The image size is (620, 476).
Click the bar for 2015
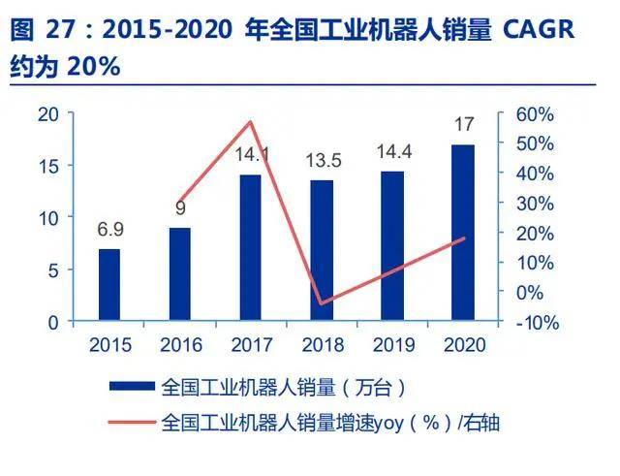109,285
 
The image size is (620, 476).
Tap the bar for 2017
250,247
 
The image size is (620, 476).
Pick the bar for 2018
322,250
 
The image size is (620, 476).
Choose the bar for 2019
391,245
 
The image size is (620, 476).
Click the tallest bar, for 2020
462,233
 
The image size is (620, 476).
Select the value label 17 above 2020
463,126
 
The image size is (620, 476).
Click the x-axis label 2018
322,344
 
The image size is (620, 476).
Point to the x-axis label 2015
109,344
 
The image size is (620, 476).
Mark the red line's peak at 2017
250,121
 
